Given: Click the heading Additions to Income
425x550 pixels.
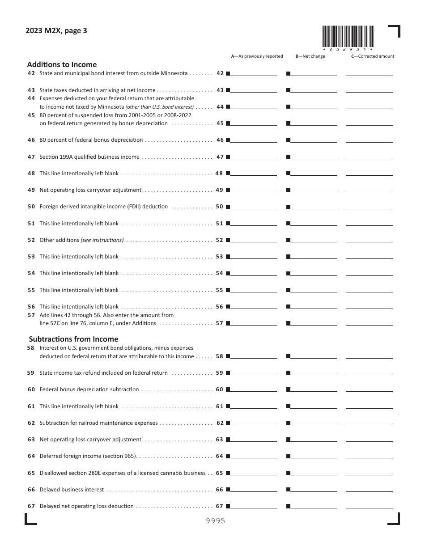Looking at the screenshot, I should (62, 64).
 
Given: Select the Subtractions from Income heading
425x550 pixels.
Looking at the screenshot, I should (74, 339).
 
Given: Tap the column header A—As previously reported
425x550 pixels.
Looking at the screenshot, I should (257, 56).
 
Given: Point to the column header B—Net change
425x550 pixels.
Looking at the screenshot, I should (310, 56).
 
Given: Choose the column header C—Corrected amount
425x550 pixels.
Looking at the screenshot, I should (372, 56).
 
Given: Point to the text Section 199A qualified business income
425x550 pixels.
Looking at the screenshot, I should (89, 157).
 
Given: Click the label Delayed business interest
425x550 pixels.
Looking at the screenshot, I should (72, 490).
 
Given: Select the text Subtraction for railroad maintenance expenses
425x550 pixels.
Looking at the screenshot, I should (98, 423).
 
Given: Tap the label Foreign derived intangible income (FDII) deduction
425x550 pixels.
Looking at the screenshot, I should (103, 207).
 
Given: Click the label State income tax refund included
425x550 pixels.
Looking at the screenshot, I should (103, 373).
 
